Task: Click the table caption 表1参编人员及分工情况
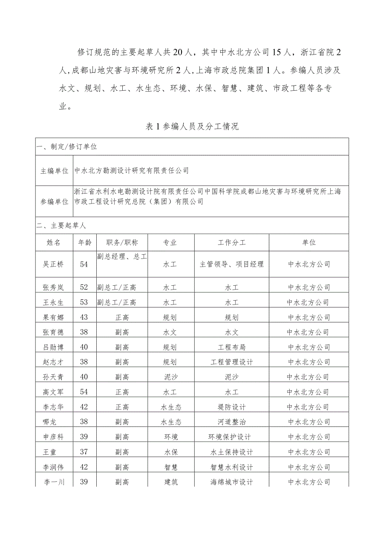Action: [192, 126]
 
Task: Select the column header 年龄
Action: [84, 242]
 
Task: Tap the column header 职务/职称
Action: [122, 242]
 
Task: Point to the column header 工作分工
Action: [231, 242]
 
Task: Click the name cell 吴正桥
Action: [54, 264]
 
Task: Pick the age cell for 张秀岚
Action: [84, 287]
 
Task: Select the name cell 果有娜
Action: [54, 317]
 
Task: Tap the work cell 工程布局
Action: [231, 347]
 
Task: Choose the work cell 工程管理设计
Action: [231, 362]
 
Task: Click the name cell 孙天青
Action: [54, 377]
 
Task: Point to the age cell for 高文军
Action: [84, 392]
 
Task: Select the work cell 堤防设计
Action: [231, 407]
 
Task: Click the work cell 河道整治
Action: [231, 422]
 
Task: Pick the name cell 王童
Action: [54, 452]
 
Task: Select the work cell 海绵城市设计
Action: [231, 482]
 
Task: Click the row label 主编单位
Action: [55, 171]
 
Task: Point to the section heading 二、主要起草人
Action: [61, 226]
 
